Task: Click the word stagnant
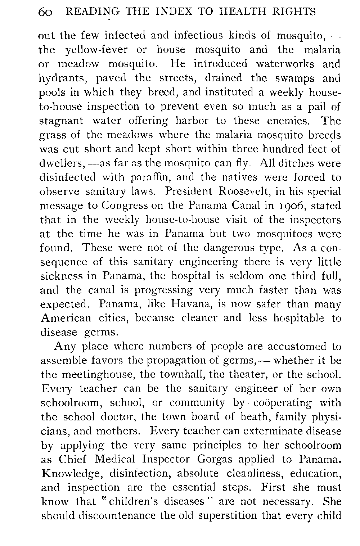pyautogui.click(x=61, y=121)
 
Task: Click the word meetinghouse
pyautogui.click(x=90, y=375)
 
